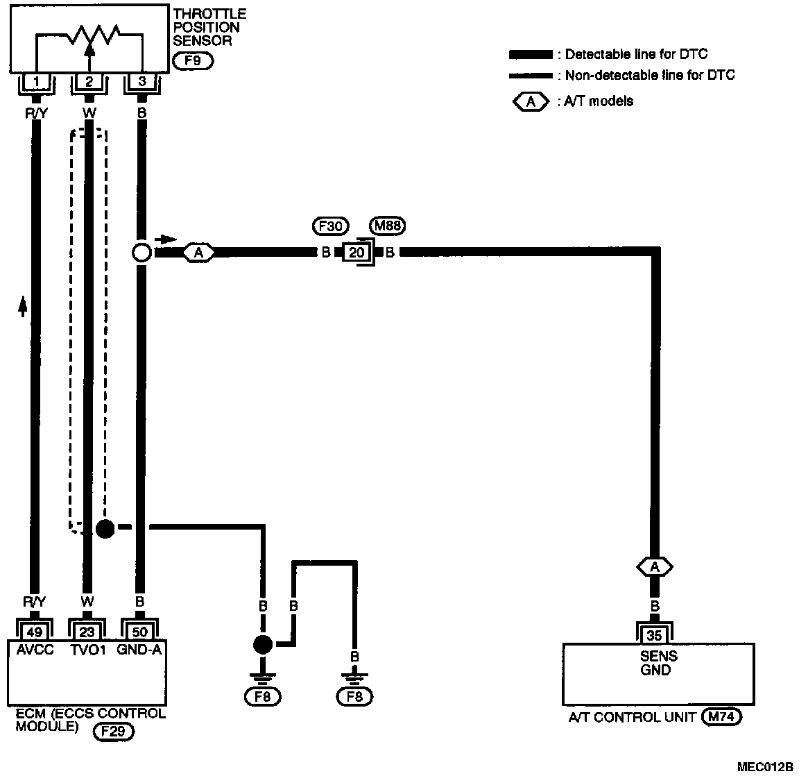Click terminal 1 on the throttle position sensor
tap(36, 83)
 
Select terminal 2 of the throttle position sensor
tap(89, 83)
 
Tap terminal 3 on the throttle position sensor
tap(141, 83)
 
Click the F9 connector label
tap(193, 61)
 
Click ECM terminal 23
tap(87, 632)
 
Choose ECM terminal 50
tap(139, 632)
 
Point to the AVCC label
tap(33, 650)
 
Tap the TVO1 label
tap(87, 650)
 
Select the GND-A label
tap(139, 650)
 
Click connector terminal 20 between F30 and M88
tap(357, 253)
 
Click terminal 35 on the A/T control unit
tap(655, 634)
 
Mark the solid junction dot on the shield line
tap(104, 529)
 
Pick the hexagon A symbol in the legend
tap(531, 101)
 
